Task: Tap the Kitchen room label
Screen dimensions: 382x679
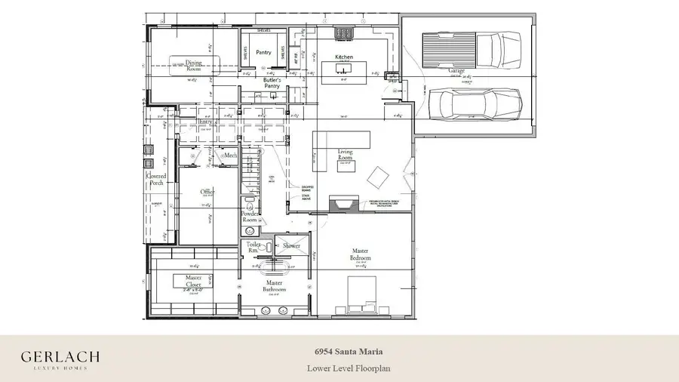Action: pyautogui.click(x=344, y=57)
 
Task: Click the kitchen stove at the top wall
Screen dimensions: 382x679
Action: pyautogui.click(x=345, y=32)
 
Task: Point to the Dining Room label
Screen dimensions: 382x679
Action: pyautogui.click(x=194, y=66)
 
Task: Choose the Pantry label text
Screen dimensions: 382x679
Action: pyautogui.click(x=263, y=53)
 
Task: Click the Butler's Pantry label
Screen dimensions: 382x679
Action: pyautogui.click(x=272, y=83)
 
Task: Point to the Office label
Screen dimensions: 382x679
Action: pyautogui.click(x=207, y=193)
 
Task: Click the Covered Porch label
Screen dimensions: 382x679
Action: pyautogui.click(x=156, y=180)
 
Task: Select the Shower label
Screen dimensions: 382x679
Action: pyautogui.click(x=291, y=245)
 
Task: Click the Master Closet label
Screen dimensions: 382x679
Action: pyautogui.click(x=193, y=281)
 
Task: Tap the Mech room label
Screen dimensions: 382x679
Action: pyautogui.click(x=231, y=156)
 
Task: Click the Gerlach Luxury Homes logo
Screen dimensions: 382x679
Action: pyautogui.click(x=60, y=359)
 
